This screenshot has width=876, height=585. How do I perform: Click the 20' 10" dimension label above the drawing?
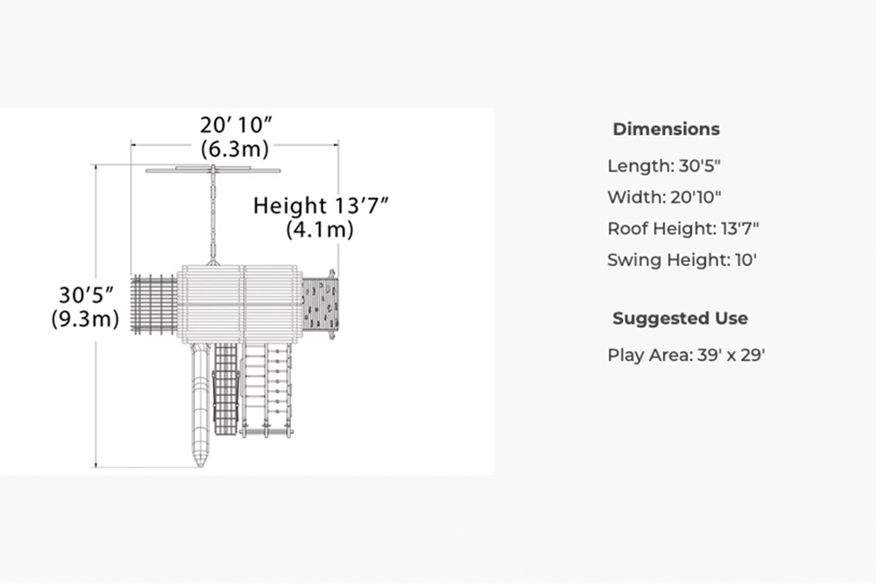(237, 124)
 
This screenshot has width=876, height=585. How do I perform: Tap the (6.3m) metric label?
(235, 149)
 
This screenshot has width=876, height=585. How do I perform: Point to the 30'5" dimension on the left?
(86, 295)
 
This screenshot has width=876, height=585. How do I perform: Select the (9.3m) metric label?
(85, 319)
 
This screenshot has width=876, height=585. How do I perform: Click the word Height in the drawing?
(289, 206)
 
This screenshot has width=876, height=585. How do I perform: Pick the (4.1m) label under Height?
(320, 229)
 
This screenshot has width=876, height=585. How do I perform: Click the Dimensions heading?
(666, 129)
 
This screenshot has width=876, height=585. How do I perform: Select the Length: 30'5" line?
(664, 166)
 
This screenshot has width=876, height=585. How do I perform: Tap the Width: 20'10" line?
(664, 197)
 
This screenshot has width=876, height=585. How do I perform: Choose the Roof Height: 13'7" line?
(683, 229)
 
